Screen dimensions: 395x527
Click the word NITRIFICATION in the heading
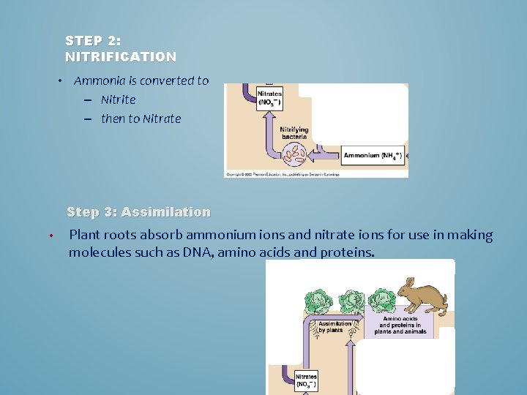(121, 56)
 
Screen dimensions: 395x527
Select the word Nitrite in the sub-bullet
(119, 99)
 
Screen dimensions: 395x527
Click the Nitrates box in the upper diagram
(269, 99)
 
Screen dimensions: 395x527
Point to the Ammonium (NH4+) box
(373, 155)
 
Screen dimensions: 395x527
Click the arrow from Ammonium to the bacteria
(325, 155)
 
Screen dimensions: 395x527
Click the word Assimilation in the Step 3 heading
(165, 212)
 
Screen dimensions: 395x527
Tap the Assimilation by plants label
(332, 327)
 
